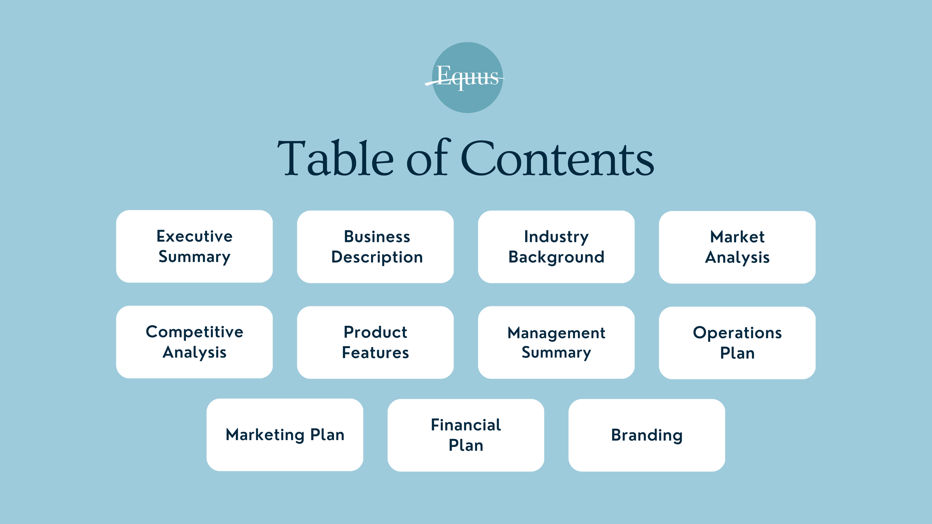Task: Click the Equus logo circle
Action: point(467,78)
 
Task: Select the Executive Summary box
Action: point(194,246)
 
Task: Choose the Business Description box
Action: point(375,247)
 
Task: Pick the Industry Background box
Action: point(556,247)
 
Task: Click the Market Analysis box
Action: point(737,247)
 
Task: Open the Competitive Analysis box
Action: point(194,342)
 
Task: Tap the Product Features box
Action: point(375,343)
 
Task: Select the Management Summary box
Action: point(556,343)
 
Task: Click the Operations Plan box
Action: point(737,343)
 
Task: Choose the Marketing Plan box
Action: point(285,435)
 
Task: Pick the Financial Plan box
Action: point(466,435)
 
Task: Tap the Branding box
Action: point(647,435)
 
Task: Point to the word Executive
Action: point(195,236)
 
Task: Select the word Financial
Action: point(466,425)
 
